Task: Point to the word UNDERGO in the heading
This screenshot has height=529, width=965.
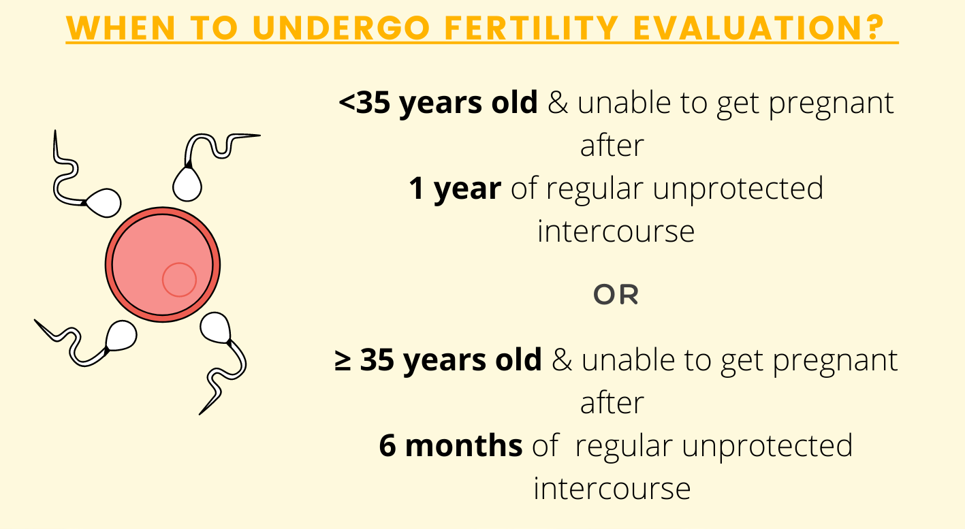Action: coord(341,28)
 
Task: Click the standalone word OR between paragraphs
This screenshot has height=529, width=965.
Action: coord(616,295)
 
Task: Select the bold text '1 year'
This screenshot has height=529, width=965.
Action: coord(455,189)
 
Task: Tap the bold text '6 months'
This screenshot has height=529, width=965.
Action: coord(451,445)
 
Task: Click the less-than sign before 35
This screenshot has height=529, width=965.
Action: coord(347,103)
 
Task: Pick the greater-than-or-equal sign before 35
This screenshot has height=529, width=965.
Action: coord(343,361)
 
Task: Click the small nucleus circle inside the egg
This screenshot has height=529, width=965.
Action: coord(179,280)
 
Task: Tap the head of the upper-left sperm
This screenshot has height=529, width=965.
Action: coord(104,203)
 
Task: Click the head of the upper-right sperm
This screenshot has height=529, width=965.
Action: coord(187,184)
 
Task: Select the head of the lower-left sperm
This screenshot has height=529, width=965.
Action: coord(121,335)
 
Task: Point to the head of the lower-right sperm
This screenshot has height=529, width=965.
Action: coord(215,327)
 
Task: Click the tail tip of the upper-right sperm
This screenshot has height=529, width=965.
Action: coord(260,135)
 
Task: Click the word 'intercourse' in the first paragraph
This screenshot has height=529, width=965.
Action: coord(616,231)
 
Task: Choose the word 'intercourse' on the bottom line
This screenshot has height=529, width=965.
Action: coord(612,489)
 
